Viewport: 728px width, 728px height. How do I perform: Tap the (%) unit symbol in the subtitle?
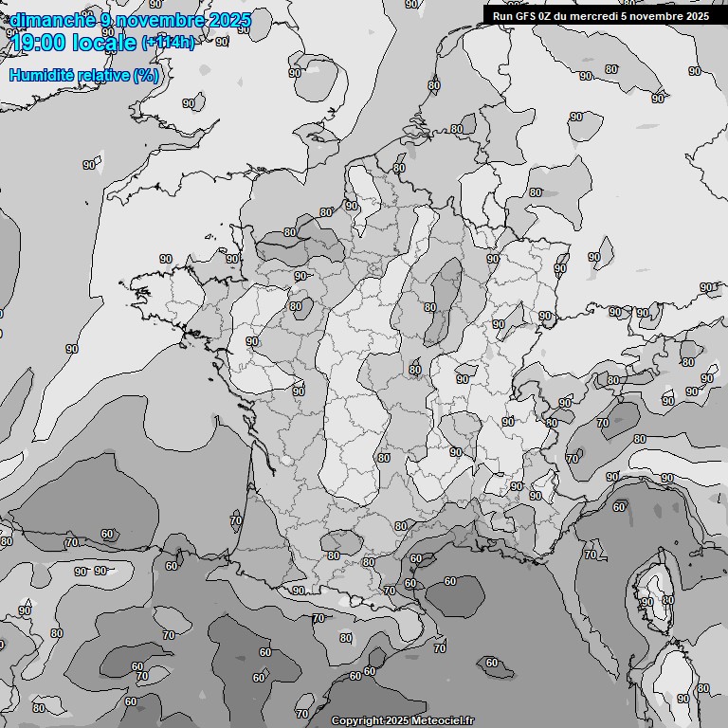click(x=146, y=75)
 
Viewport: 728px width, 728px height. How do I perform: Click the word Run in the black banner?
click(x=503, y=16)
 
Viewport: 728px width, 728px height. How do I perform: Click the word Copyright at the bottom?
click(x=356, y=721)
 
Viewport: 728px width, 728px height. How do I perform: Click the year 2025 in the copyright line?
click(x=398, y=721)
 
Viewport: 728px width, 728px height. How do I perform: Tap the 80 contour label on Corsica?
click(x=667, y=599)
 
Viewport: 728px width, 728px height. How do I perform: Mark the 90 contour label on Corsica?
click(x=647, y=602)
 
